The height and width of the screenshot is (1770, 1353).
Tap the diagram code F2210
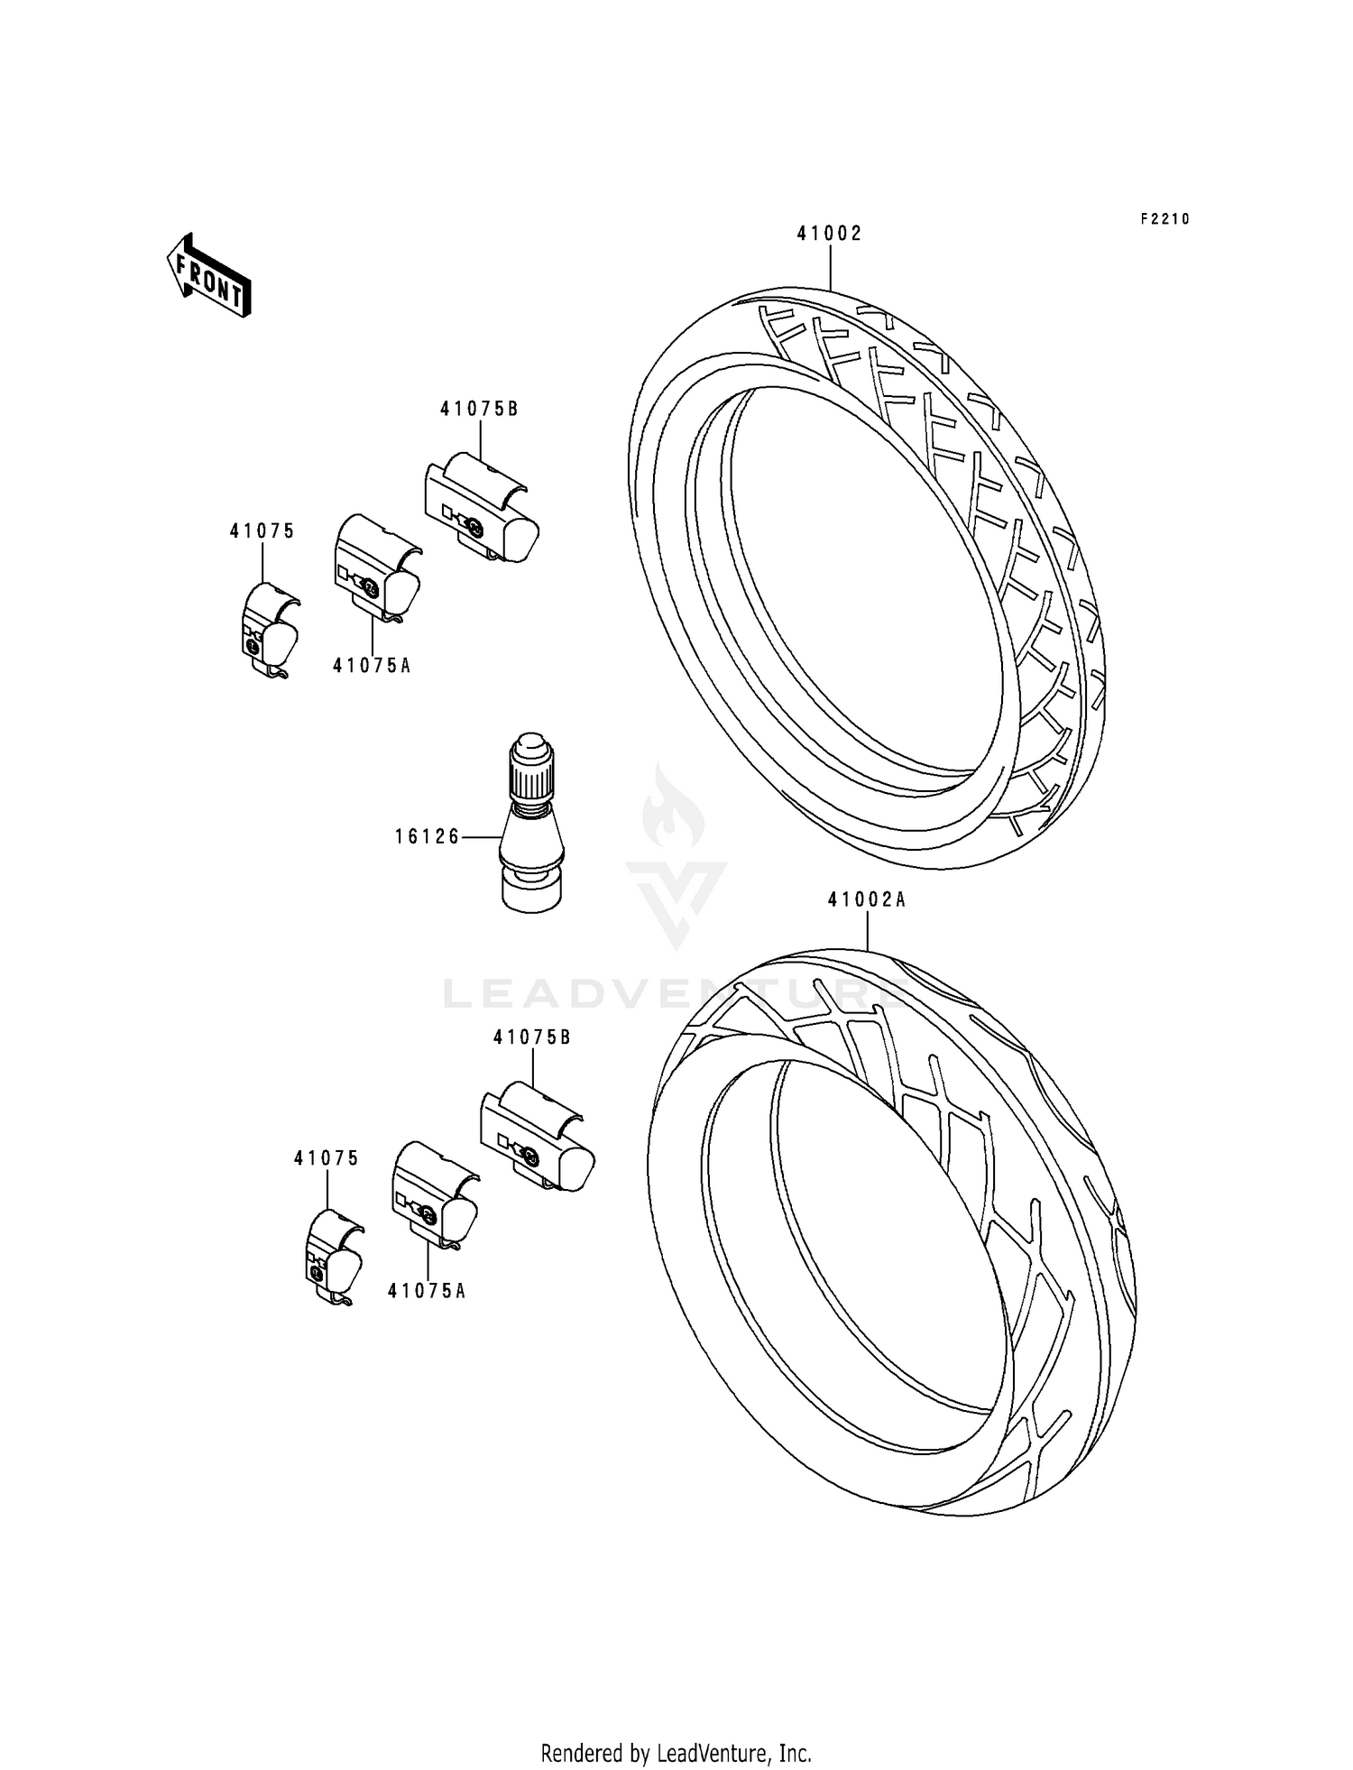pyautogui.click(x=1164, y=219)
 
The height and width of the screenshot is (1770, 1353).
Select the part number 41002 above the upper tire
pyautogui.click(x=829, y=234)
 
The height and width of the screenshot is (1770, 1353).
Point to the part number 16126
pyautogui.click(x=427, y=836)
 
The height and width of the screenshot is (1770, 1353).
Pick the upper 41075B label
pyautogui.click(x=479, y=409)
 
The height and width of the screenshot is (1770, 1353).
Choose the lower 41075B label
pyautogui.click(x=532, y=1037)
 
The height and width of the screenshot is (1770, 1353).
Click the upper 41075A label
pyautogui.click(x=372, y=666)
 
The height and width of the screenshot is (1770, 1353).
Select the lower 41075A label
pyautogui.click(x=427, y=1291)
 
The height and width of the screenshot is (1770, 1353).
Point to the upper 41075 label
pyautogui.click(x=262, y=531)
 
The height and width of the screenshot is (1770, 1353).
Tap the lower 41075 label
pyautogui.click(x=326, y=1158)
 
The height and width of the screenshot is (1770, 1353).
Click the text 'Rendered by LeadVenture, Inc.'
pyautogui.click(x=676, y=1753)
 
